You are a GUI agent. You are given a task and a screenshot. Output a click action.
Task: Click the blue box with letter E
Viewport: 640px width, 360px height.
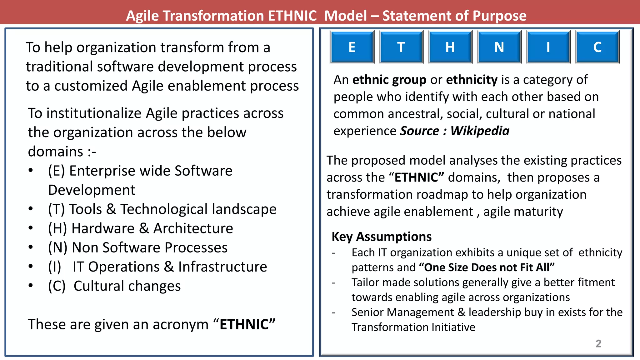tap(352, 47)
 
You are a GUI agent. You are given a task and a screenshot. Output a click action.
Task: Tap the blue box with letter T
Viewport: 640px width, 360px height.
tap(401, 47)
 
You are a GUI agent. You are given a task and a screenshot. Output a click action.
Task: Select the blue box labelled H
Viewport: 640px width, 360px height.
tap(450, 47)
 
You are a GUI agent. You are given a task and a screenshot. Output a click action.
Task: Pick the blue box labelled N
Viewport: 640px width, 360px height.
tap(499, 47)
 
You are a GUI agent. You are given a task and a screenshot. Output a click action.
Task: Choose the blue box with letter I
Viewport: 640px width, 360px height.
tap(548, 47)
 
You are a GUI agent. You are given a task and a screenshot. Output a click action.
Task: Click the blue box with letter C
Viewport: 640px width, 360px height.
tap(597, 47)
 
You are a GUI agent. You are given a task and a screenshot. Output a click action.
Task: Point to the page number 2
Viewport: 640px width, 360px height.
tap(598, 343)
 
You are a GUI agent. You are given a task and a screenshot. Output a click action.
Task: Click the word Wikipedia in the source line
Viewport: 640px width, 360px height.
tap(480, 131)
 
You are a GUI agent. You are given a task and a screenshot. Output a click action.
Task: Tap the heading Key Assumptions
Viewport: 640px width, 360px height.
tap(382, 237)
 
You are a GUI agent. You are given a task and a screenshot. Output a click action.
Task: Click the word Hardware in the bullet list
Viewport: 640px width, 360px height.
tap(103, 228)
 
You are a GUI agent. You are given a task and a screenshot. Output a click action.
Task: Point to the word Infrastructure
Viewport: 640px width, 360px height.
tap(222, 267)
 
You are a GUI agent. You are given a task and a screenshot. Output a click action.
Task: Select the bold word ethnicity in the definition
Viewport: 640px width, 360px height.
tap(472, 80)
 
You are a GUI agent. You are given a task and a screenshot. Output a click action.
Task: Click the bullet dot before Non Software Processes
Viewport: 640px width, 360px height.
tap(31, 247)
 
